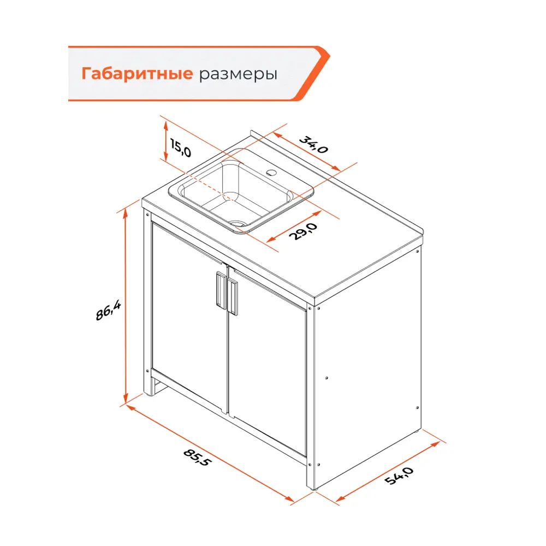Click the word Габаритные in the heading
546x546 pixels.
pos(136,74)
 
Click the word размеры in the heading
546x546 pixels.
pos(238,74)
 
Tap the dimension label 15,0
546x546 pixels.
pos(180,148)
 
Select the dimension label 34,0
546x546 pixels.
pos(313,143)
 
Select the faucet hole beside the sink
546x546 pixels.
pos(270,173)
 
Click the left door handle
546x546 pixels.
pos(220,290)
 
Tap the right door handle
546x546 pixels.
pos(233,298)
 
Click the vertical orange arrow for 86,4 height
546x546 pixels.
pos(126,306)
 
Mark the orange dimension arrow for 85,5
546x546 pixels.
pos(210,453)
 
